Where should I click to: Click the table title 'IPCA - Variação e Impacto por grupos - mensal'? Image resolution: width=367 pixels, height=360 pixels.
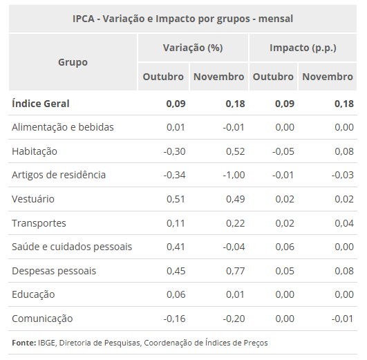click(182, 19)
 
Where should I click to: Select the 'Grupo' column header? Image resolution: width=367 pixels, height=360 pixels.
click(73, 62)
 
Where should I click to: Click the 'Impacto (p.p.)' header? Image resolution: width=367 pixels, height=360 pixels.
click(302, 48)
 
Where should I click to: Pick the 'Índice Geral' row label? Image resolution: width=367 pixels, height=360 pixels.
click(41, 104)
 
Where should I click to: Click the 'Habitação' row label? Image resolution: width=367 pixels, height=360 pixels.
click(35, 151)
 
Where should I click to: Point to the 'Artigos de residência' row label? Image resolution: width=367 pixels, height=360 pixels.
click(59, 175)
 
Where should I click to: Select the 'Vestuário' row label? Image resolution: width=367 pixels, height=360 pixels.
click(33, 199)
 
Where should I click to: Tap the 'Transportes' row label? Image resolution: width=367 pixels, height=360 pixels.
click(39, 223)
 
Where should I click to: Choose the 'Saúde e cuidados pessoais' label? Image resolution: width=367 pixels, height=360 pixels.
click(72, 247)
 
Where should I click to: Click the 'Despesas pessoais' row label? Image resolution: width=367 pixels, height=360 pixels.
click(54, 271)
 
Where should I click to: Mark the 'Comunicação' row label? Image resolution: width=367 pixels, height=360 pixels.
click(42, 319)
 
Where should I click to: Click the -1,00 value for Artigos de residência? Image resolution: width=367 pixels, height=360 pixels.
click(232, 175)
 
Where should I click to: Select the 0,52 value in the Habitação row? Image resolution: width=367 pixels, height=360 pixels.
click(235, 151)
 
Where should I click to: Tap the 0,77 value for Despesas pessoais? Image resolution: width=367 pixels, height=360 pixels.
click(235, 271)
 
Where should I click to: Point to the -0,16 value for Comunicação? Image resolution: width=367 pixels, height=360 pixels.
click(174, 319)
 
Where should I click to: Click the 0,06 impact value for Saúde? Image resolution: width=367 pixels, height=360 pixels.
click(284, 247)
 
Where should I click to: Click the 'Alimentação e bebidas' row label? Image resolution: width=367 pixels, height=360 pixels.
click(63, 127)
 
